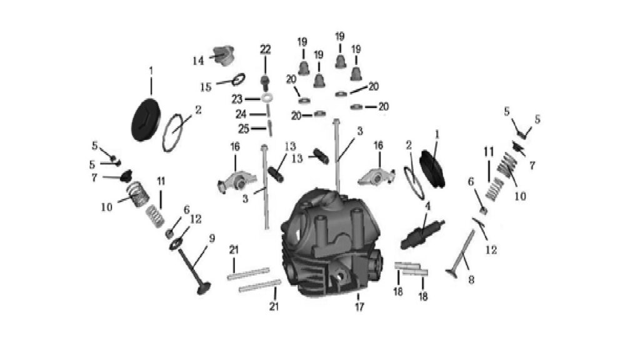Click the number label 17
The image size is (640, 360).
pos(359,306)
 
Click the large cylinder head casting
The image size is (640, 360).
pos(331,243)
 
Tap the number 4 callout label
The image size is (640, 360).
pos(427,206)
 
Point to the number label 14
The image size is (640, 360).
pos(198,61)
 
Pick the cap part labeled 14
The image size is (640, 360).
pos(224,56)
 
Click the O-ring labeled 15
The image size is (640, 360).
pos(238,79)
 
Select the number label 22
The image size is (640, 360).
pos(265,49)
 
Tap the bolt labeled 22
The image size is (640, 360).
pos(265,83)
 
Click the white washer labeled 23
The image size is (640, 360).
pos(267,98)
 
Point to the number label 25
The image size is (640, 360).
pos(244,129)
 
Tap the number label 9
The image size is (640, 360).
pos(212,238)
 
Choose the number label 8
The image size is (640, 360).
pos(471,280)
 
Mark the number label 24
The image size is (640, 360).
pos(241,114)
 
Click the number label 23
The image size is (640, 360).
pos(237,99)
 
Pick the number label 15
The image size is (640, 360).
pos(206,87)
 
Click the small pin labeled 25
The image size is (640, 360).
pos(269,128)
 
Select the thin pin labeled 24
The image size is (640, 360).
pos(268,111)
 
